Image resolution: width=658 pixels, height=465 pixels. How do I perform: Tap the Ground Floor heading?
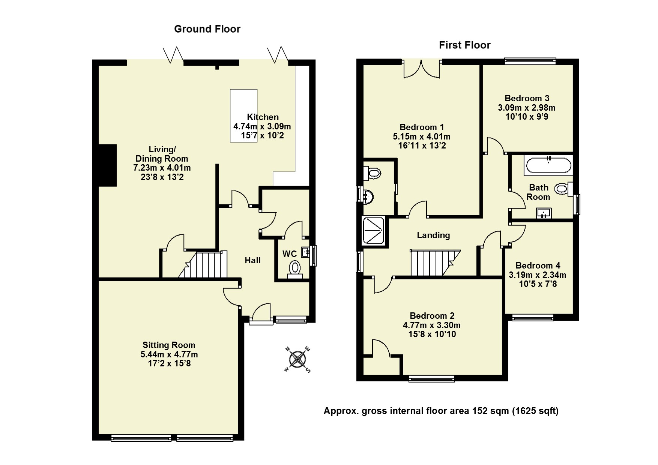[x=207, y=29]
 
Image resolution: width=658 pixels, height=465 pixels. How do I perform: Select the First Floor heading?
[x=464, y=45]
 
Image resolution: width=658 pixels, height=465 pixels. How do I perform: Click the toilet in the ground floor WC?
[x=295, y=268]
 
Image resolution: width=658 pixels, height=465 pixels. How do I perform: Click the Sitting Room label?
[x=169, y=345]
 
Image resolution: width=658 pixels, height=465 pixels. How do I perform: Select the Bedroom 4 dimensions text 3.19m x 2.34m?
[x=537, y=275]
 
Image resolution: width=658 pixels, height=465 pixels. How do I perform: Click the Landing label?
[x=433, y=235]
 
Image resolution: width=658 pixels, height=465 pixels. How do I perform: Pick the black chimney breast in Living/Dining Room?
[x=108, y=165]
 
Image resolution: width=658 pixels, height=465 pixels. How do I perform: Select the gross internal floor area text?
[x=441, y=411]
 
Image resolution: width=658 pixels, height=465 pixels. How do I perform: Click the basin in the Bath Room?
[x=544, y=213]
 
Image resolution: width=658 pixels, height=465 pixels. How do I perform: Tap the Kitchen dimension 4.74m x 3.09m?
[x=262, y=126]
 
